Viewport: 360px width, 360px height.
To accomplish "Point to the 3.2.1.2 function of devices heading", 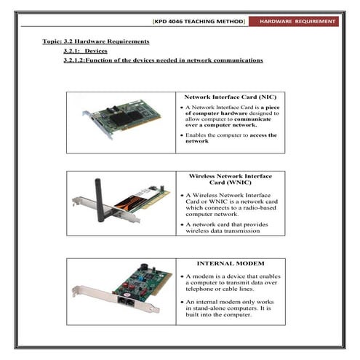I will [163, 60].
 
